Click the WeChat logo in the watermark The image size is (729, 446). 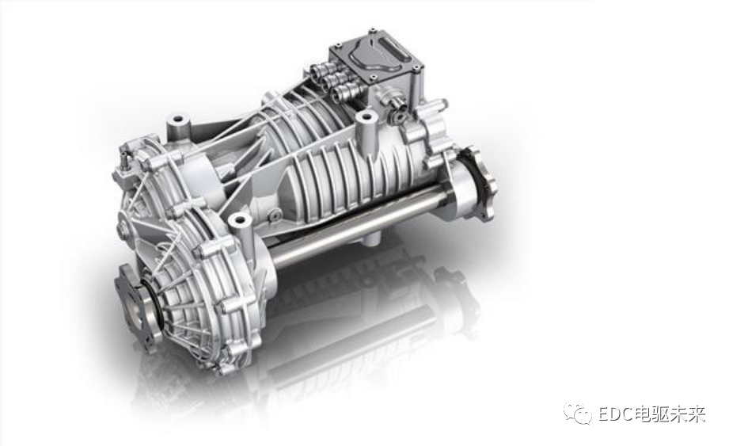click(578, 414)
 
